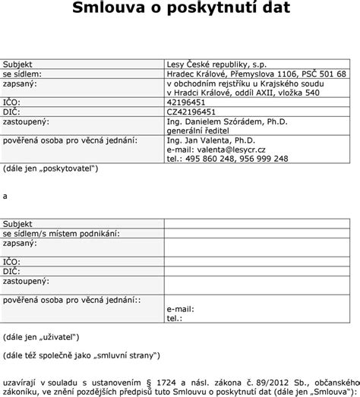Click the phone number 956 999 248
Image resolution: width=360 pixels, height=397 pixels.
coord(265,159)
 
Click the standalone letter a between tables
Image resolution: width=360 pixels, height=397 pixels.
coord(6,197)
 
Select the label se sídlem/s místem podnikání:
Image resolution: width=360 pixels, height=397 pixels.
coord(62,234)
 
